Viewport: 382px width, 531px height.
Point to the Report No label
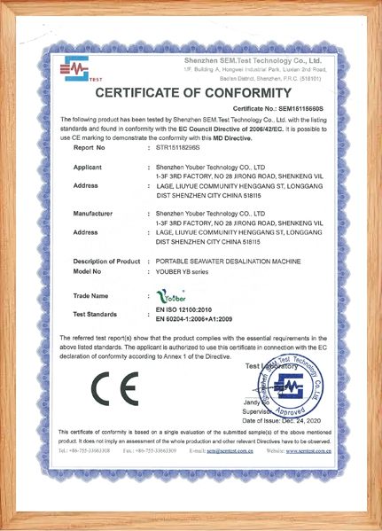(x=91, y=149)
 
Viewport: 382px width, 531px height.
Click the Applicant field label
(x=91, y=167)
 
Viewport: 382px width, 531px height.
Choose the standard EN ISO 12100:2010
(x=191, y=308)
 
